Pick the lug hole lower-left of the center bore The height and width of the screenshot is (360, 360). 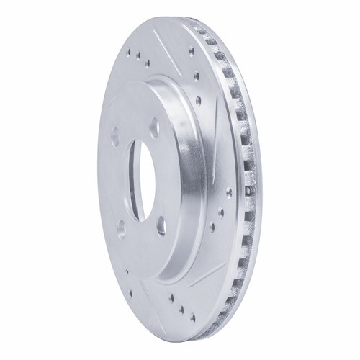121,229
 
